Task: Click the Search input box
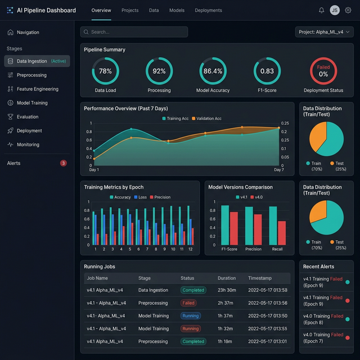pos(134,32)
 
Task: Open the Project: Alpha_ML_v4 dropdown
pos(324,32)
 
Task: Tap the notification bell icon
pos(321,10)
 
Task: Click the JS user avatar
pos(335,10)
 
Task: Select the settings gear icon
pos(348,10)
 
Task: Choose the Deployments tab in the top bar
pos(208,10)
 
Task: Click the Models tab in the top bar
pos(177,10)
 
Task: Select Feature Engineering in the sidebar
pos(37,89)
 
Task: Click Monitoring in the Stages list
pos(28,145)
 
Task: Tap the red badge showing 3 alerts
pos(64,163)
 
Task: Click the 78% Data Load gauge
pos(105,71)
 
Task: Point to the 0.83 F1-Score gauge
pos(267,71)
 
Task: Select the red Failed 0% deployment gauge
pos(323,71)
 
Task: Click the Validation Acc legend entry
pos(206,119)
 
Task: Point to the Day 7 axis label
pos(279,170)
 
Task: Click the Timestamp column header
pos(260,278)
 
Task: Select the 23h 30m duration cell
pos(227,290)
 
